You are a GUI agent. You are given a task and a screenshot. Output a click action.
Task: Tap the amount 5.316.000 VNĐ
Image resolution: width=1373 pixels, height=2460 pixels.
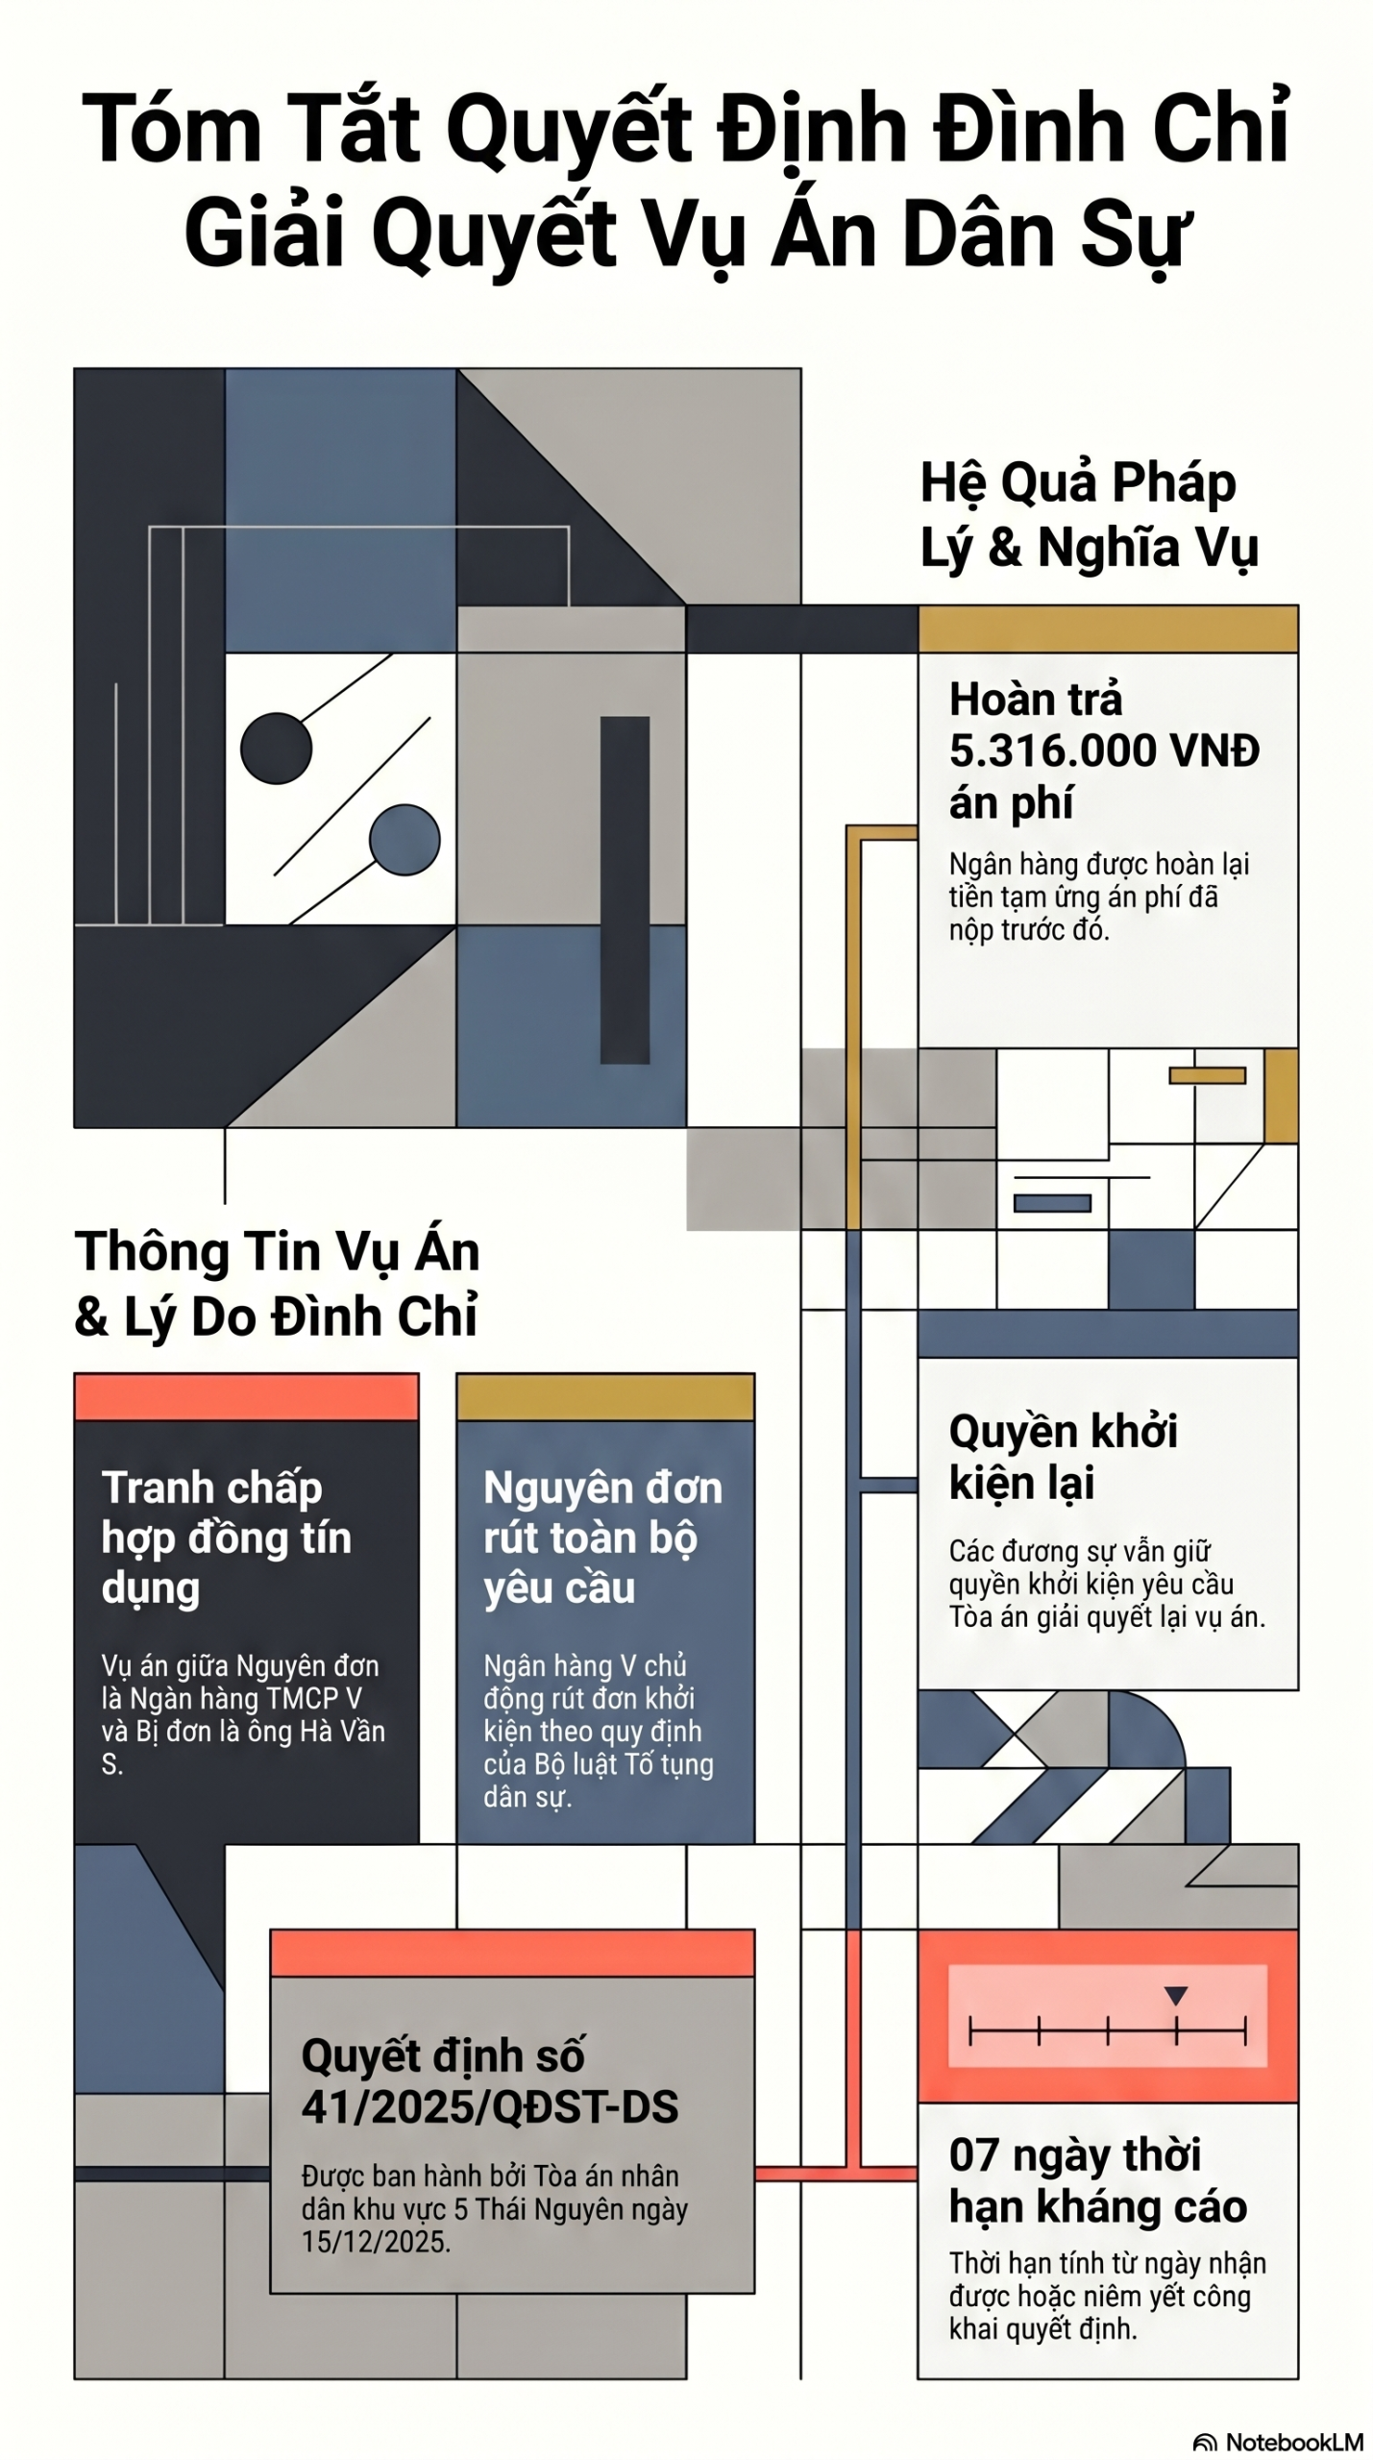click(x=1104, y=750)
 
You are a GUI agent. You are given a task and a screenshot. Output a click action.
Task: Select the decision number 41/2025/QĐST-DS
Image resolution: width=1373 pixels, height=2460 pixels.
click(x=490, y=2106)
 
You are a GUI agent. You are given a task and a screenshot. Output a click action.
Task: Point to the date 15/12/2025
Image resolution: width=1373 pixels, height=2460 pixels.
click(x=376, y=2242)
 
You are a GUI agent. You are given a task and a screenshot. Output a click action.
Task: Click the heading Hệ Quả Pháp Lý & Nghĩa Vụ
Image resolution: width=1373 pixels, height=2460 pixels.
click(x=1089, y=515)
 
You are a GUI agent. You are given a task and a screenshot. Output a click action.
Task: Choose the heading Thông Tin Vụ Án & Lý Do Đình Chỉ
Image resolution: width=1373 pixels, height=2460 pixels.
click(x=277, y=1284)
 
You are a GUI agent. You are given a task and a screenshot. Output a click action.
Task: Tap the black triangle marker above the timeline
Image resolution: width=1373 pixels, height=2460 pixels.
click(x=1176, y=1995)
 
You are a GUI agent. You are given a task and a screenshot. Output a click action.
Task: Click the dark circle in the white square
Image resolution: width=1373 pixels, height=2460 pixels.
click(x=277, y=748)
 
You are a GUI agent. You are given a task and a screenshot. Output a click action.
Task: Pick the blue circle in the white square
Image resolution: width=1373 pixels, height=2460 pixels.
click(x=405, y=840)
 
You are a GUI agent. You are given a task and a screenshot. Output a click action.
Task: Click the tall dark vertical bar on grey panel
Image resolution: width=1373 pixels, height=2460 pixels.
click(x=625, y=890)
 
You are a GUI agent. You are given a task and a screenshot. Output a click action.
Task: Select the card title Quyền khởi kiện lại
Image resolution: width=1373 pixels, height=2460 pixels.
click(x=1064, y=1457)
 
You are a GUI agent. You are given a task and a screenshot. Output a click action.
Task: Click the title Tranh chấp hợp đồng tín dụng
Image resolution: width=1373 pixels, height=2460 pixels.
click(x=227, y=1537)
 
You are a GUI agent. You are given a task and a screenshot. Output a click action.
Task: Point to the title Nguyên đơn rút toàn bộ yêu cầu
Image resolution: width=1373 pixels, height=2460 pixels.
click(x=602, y=1537)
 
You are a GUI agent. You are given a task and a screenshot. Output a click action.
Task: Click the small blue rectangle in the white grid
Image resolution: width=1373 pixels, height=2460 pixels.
click(x=1053, y=1203)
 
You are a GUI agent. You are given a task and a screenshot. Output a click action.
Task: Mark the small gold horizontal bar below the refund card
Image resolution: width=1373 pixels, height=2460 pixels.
click(x=1208, y=1075)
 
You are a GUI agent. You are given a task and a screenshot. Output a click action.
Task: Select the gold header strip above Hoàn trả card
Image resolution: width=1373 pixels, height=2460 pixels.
click(x=1109, y=629)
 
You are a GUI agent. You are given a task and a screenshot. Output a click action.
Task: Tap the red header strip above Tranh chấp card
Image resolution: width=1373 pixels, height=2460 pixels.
click(x=247, y=1397)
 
